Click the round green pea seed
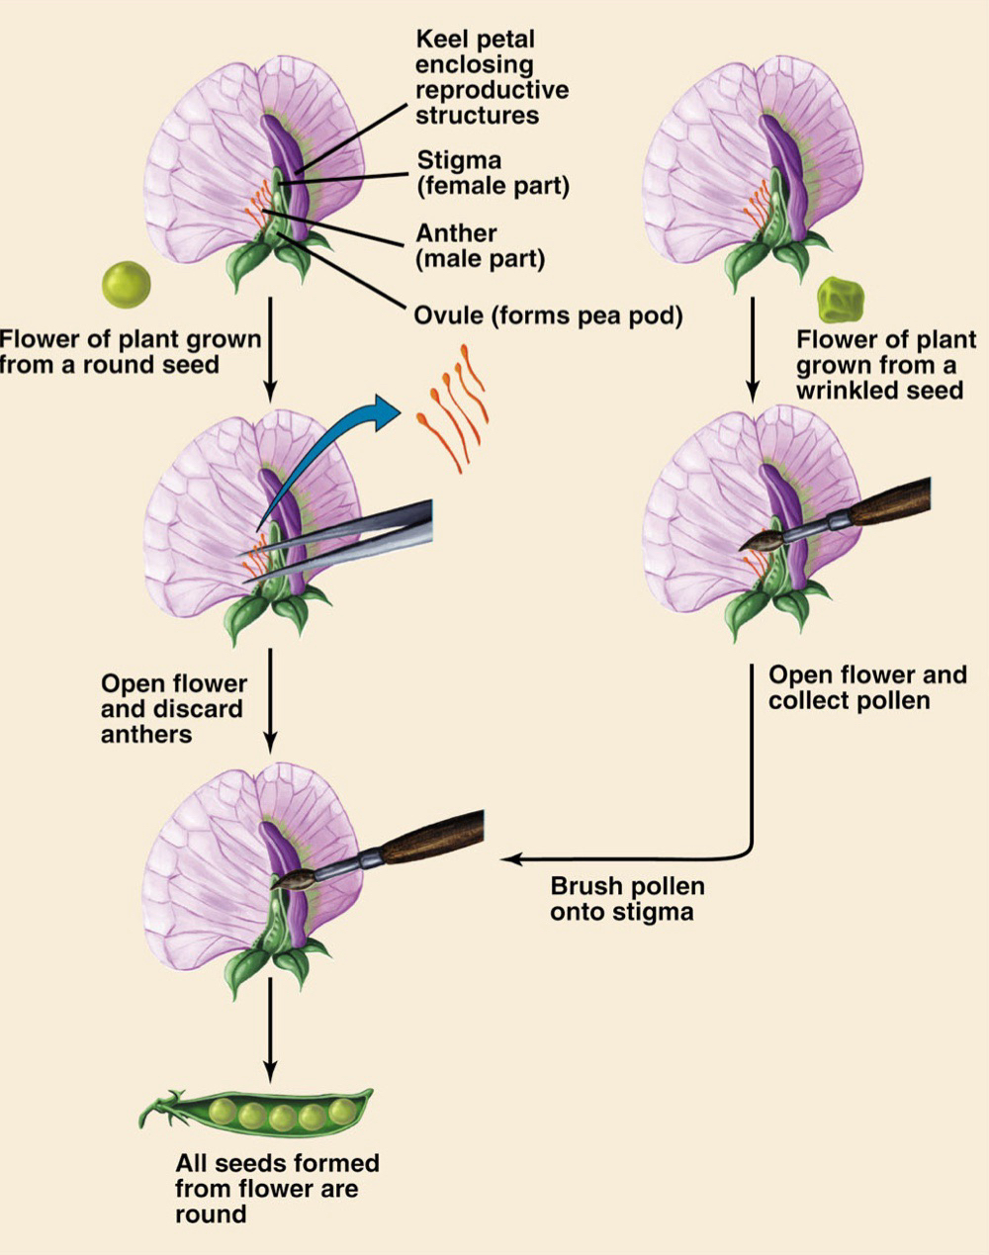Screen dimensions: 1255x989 click(x=127, y=284)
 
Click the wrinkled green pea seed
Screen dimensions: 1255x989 click(x=841, y=298)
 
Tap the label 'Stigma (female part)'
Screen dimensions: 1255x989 click(x=493, y=173)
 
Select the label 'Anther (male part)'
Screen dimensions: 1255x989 click(x=480, y=246)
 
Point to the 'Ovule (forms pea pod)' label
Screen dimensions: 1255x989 click(x=548, y=316)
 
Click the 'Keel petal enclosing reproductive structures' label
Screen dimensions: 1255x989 click(x=492, y=77)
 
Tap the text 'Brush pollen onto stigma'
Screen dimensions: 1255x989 click(x=622, y=898)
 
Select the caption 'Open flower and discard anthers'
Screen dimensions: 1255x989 click(x=173, y=709)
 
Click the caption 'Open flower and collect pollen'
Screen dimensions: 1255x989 click(x=867, y=687)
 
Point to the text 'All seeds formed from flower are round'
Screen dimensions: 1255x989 click(x=277, y=1188)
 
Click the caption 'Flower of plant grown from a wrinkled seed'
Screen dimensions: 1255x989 click(x=885, y=365)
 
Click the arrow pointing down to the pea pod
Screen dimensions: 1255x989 click(x=269, y=1038)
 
